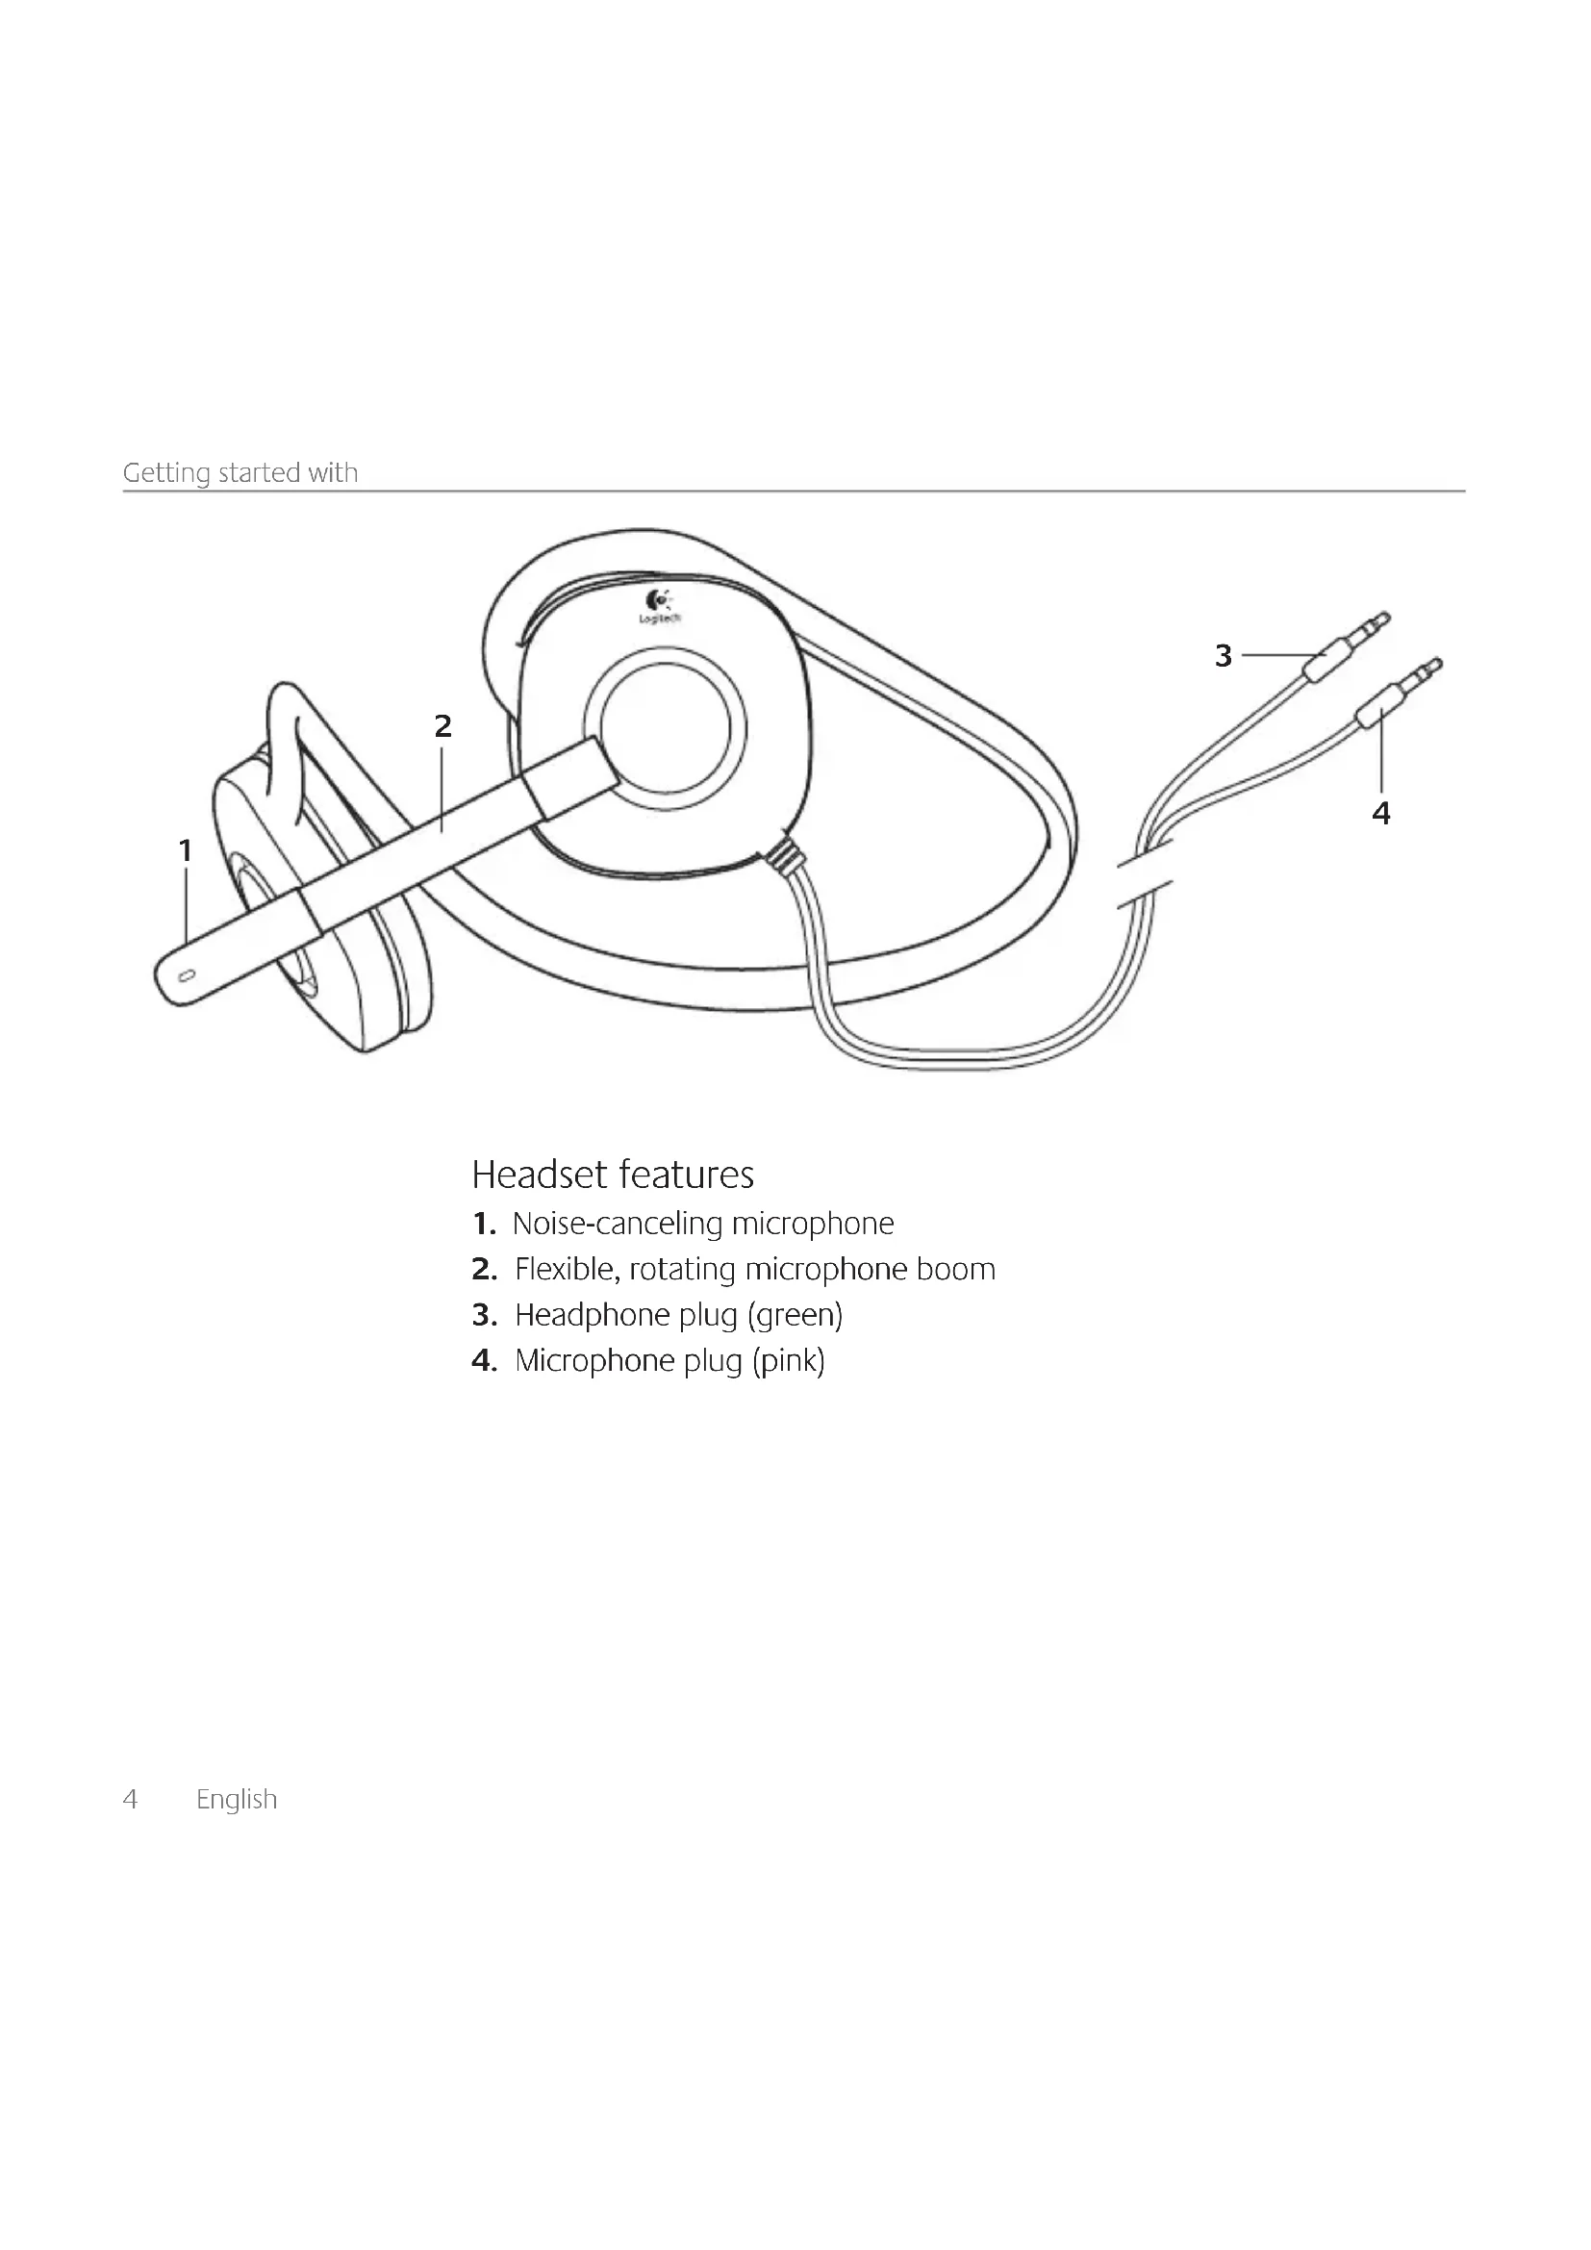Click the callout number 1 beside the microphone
pos(185,850)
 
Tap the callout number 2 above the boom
pos(442,726)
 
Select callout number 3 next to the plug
pos(1223,656)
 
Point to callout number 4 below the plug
pos(1380,814)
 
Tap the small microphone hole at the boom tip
pos(188,975)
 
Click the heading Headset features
pos(613,1174)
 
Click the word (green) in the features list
pos(795,1315)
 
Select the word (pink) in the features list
pos(788,1361)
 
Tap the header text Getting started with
pos(240,472)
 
